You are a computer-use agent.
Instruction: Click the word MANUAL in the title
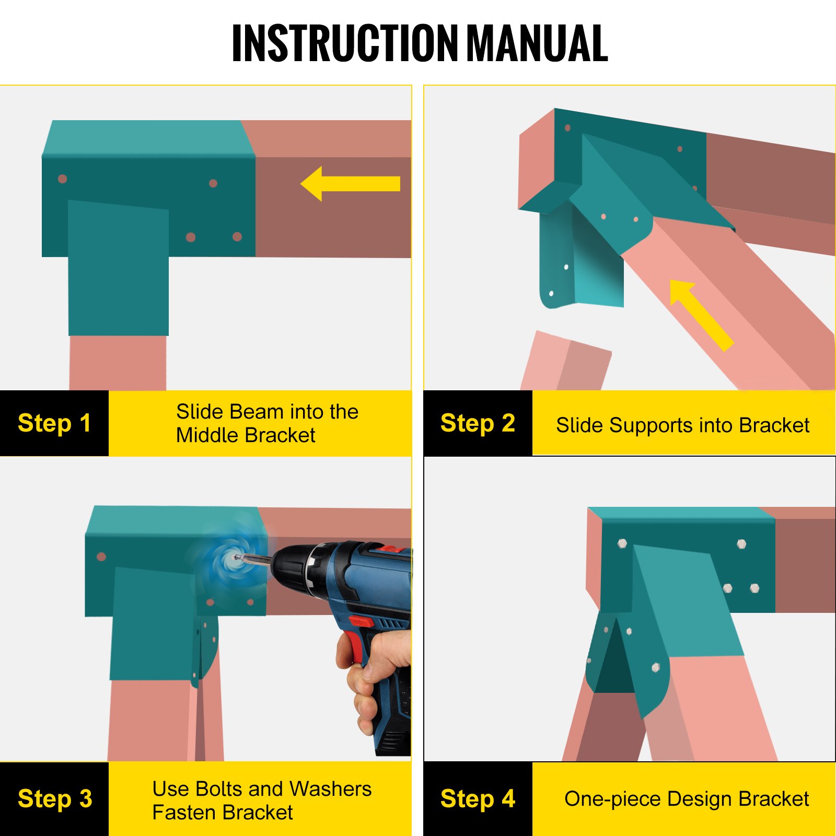point(538,43)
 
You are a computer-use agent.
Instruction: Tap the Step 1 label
point(54,423)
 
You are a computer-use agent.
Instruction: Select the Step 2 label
point(478,423)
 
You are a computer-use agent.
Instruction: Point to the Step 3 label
point(55,799)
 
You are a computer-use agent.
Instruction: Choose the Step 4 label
point(478,799)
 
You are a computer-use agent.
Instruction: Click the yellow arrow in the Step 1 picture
point(350,184)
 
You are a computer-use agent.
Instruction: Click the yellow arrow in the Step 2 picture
point(701,315)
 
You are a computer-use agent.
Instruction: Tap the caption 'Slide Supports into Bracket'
point(682,425)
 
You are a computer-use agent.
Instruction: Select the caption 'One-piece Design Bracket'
point(687,799)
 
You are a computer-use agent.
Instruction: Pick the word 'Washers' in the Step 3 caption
point(330,789)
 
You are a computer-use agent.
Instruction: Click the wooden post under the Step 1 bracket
point(118,363)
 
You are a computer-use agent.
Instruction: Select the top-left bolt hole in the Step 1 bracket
point(63,179)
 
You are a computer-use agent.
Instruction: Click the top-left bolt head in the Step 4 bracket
point(622,543)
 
